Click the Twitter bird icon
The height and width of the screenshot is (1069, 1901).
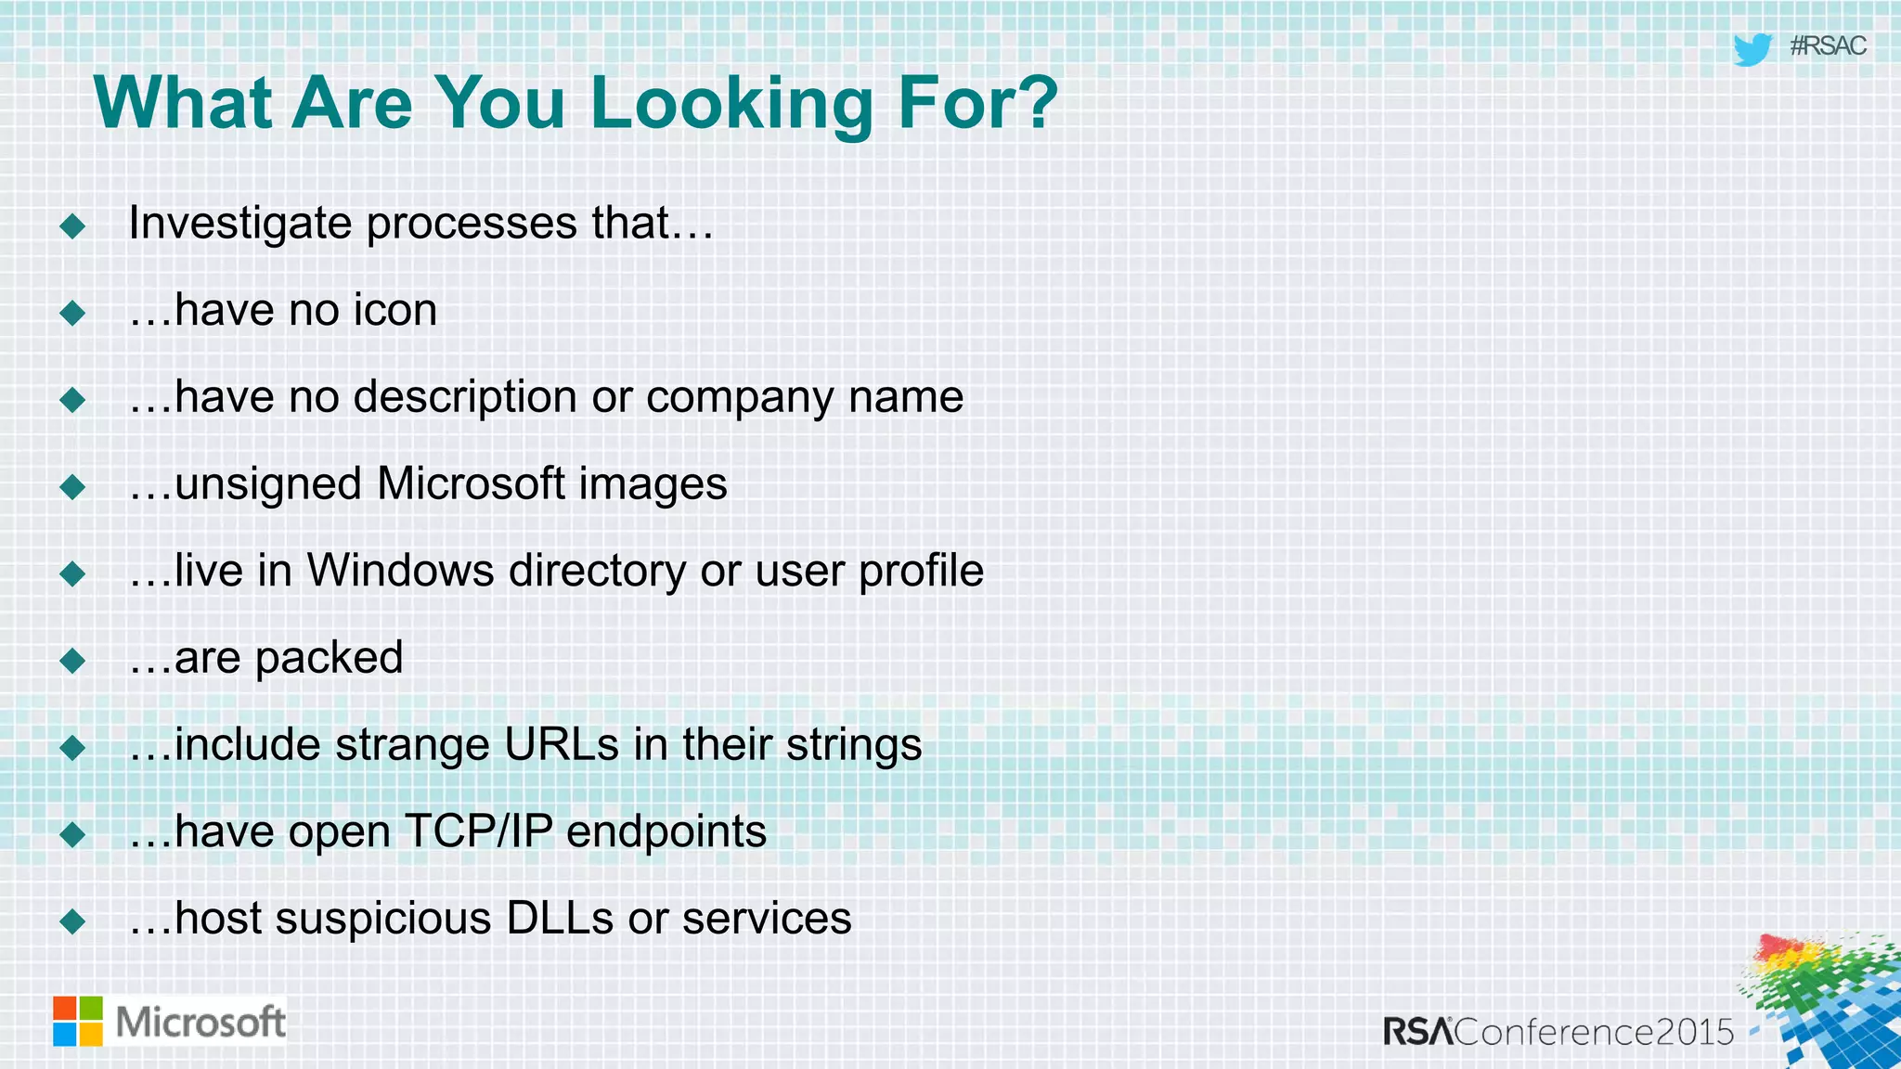(1752, 49)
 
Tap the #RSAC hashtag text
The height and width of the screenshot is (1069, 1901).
(1827, 46)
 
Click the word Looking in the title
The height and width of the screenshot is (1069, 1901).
(731, 104)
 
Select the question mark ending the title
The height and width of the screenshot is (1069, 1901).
(1038, 102)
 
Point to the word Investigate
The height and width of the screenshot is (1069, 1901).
(239, 224)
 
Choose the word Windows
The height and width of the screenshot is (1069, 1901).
(400, 571)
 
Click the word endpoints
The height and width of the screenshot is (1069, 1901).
(666, 831)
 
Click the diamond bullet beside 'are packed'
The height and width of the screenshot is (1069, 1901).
(72, 662)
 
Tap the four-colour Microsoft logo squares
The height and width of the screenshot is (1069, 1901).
(78, 1021)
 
